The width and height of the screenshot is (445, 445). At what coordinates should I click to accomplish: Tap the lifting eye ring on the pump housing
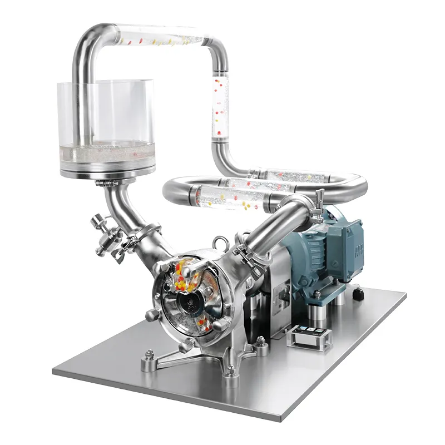click(x=217, y=243)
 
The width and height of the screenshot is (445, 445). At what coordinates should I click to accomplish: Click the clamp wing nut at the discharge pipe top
click(x=320, y=197)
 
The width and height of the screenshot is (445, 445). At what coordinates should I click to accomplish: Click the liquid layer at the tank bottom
click(x=106, y=151)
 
